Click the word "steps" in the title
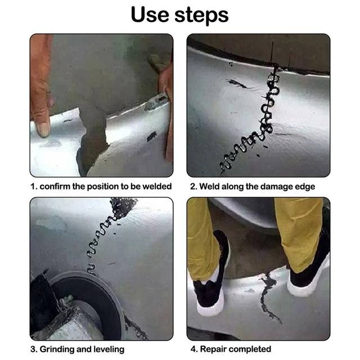tap(201, 16)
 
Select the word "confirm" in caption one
tap(57, 187)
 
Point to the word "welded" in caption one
tap(157, 187)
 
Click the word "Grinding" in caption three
tap(59, 349)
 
